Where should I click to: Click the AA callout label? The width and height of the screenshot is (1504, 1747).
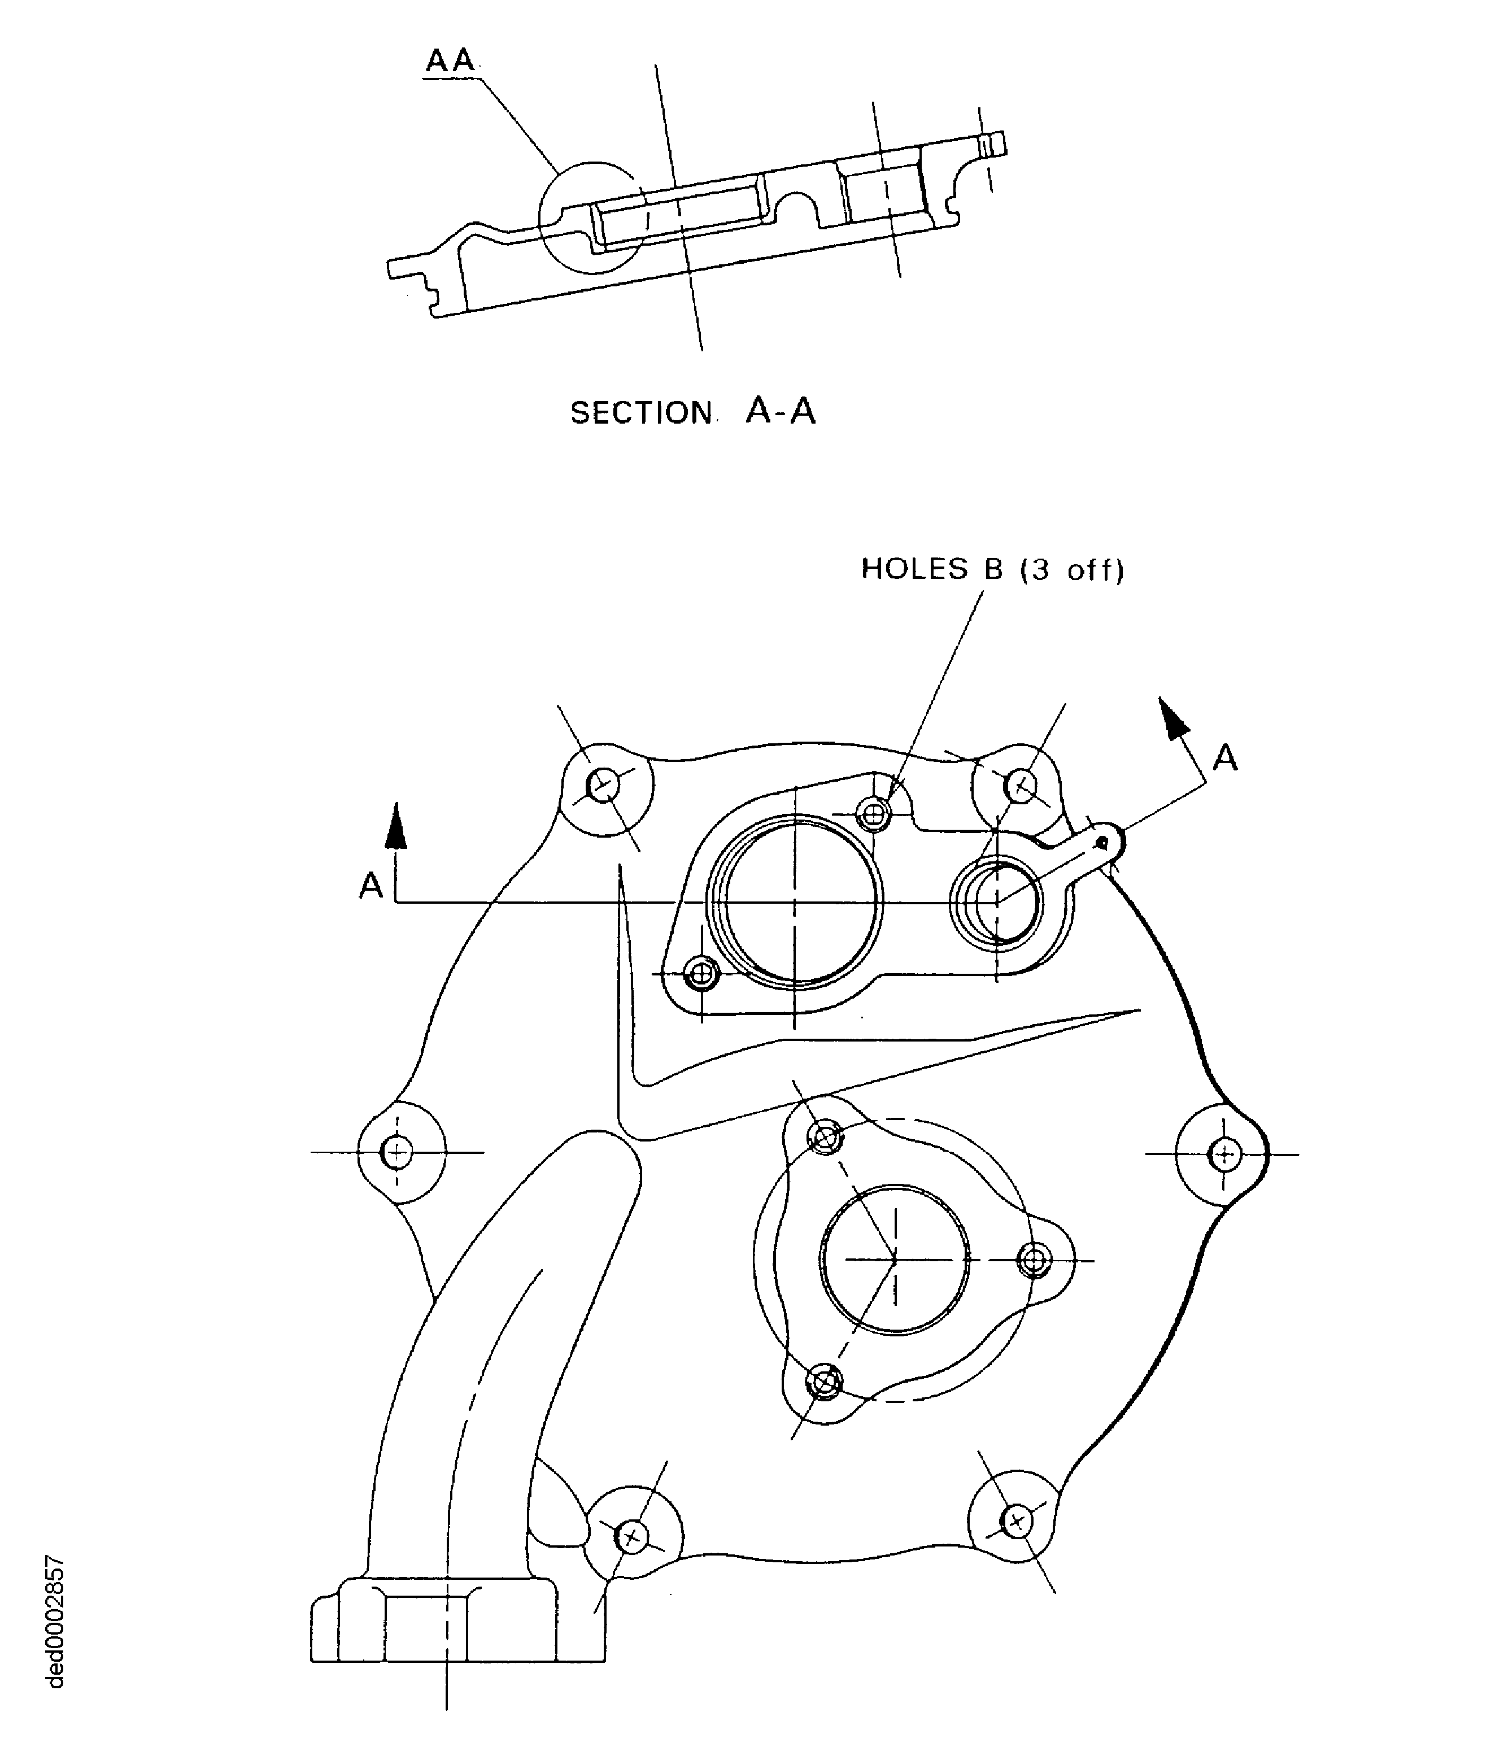point(450,60)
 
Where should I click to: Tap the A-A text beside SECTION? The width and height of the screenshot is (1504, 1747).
point(781,411)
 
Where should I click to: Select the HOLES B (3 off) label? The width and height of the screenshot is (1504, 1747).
point(992,570)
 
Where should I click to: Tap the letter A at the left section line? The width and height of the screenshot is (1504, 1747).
point(371,885)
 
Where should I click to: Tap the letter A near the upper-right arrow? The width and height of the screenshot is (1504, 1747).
point(1225,758)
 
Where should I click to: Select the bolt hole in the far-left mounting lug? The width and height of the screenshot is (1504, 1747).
point(396,1151)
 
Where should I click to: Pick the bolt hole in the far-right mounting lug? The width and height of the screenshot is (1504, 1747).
point(1224,1153)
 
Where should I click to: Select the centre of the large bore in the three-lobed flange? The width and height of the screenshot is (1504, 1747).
point(895,1260)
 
